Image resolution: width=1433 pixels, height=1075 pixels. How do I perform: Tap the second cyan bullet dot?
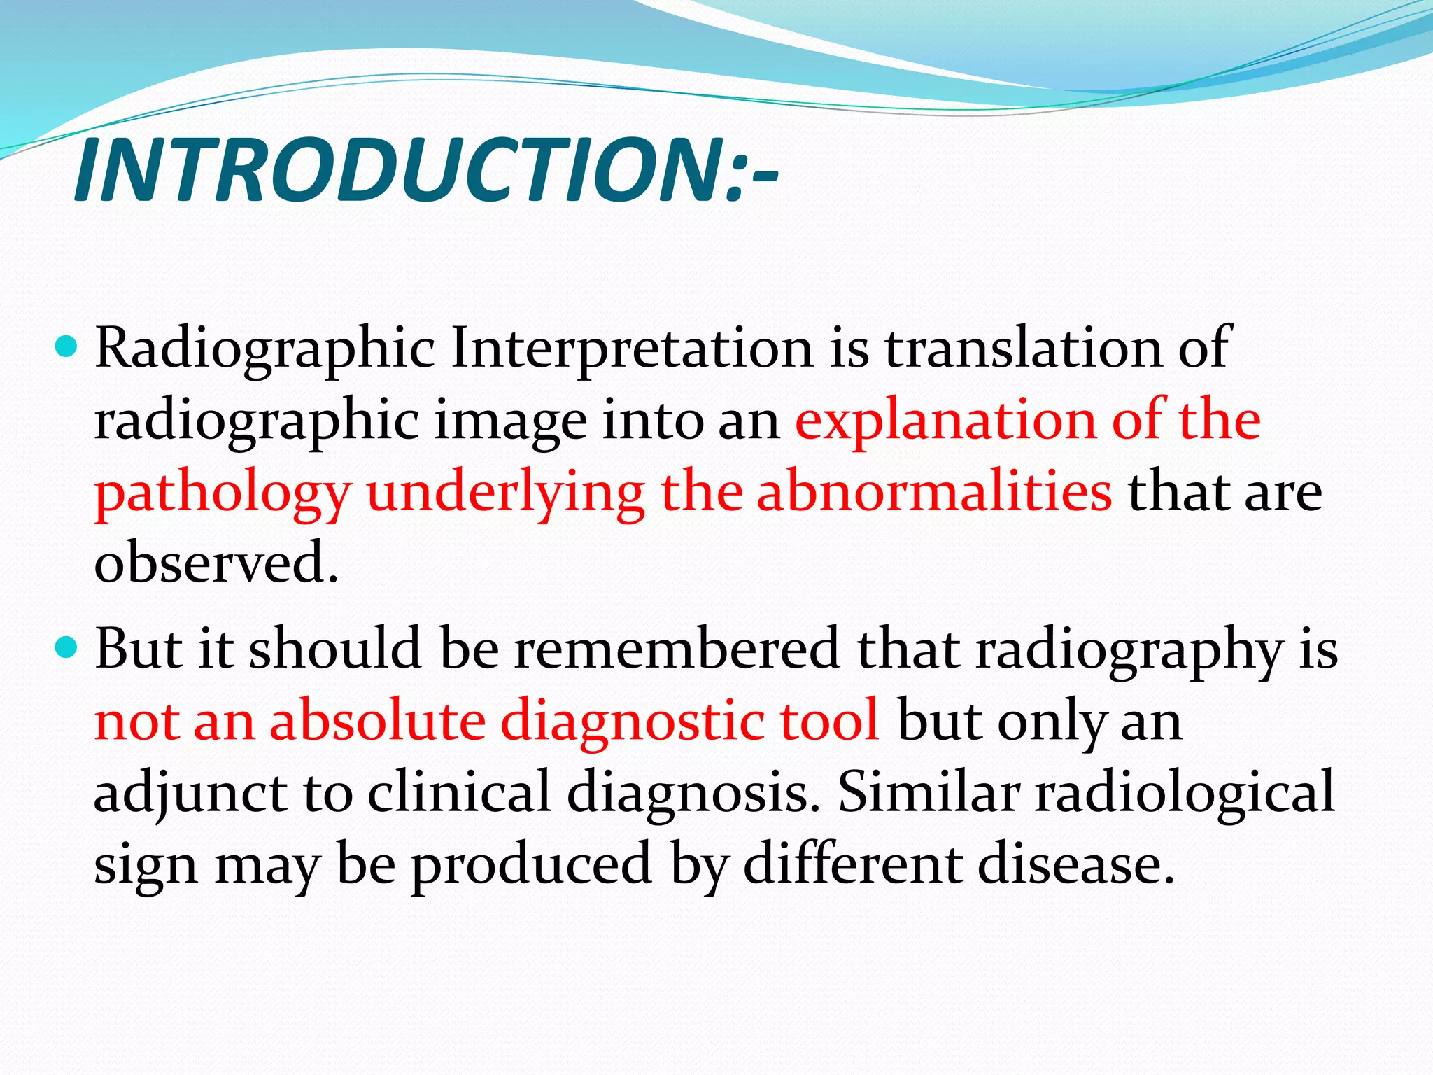pos(68,647)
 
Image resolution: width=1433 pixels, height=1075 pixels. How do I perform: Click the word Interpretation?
pos(632,349)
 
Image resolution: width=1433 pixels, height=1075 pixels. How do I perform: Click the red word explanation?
pos(945,422)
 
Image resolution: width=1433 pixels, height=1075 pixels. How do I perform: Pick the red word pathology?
pos(223,494)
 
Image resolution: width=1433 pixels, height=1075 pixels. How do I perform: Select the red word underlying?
pos(505,494)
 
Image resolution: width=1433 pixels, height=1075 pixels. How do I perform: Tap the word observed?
pos(216,563)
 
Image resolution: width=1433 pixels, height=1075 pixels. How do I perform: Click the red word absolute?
pos(378,721)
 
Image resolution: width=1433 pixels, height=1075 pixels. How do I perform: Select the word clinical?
pos(459,793)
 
